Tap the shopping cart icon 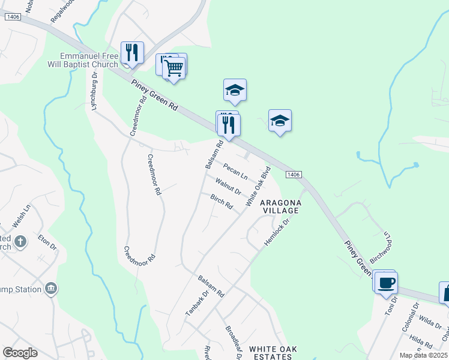pyautogui.click(x=174, y=69)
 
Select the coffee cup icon pyautogui.click(x=387, y=283)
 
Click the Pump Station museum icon pyautogui.click(x=52, y=289)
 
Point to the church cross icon pyautogui.click(x=20, y=242)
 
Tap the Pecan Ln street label pyautogui.click(x=235, y=171)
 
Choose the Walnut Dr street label pyautogui.click(x=229, y=187)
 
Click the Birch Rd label pyautogui.click(x=221, y=202)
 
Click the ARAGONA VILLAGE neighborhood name pyautogui.click(x=280, y=207)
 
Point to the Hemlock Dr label pyautogui.click(x=277, y=232)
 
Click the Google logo pyautogui.click(x=20, y=353)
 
